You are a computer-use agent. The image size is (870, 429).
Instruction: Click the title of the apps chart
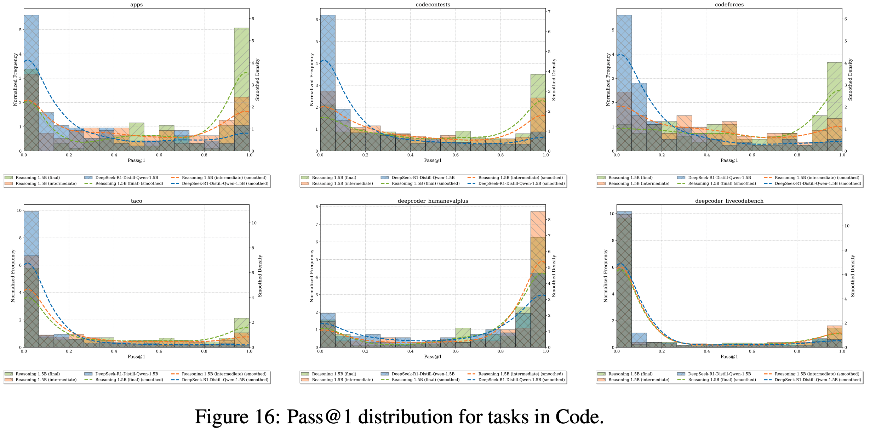click(136, 5)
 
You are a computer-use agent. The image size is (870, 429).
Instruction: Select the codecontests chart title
click(433, 5)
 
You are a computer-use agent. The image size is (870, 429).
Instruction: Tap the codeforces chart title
click(729, 5)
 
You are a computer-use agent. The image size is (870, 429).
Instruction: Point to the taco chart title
click(136, 201)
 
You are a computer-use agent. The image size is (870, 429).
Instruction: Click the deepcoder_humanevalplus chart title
click(433, 201)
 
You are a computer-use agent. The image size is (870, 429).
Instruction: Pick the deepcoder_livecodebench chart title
click(729, 201)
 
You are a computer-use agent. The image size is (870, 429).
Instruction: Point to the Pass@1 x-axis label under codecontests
click(433, 160)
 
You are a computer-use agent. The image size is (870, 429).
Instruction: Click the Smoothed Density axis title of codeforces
click(850, 80)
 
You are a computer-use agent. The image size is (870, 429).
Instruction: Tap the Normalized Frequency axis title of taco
click(13, 276)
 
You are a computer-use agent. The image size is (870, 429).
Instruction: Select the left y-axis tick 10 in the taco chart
click(19, 210)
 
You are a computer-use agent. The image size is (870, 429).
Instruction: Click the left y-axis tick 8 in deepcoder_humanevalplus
click(317, 207)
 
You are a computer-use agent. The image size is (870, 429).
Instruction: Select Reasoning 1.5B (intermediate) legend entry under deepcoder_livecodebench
click(639, 380)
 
